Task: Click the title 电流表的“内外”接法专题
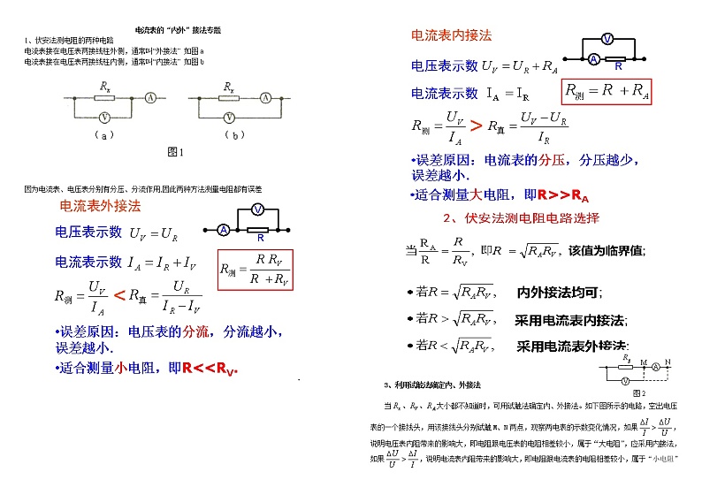click(177, 29)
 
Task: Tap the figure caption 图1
click(175, 152)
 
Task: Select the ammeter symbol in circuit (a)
click(151, 96)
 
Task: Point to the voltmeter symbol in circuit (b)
click(231, 117)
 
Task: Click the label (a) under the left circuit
click(103, 135)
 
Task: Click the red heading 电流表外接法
click(99, 206)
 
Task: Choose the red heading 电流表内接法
click(451, 35)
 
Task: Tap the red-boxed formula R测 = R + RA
click(607, 92)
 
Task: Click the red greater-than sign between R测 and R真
click(476, 126)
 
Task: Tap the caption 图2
click(638, 392)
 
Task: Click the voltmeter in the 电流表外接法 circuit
click(256, 209)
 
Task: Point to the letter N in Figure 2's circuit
click(668, 361)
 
